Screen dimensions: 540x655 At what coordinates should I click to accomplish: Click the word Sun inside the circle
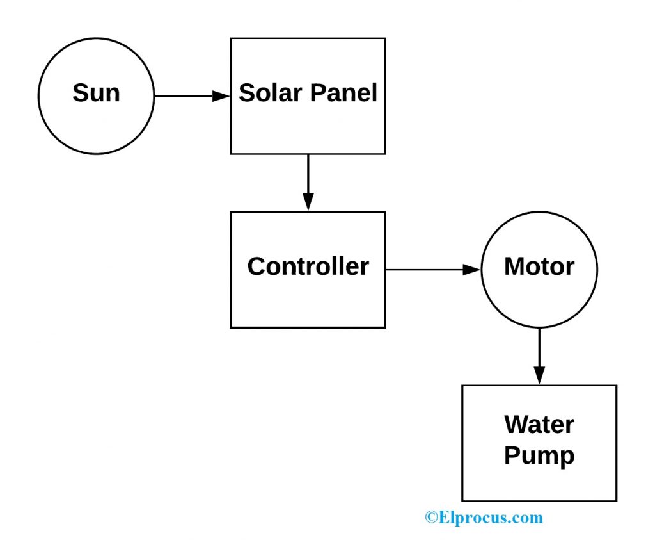click(96, 94)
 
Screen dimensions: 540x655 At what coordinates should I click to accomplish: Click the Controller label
click(308, 266)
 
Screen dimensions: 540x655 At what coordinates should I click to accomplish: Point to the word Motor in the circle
click(539, 266)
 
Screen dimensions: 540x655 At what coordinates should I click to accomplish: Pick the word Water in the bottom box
click(539, 425)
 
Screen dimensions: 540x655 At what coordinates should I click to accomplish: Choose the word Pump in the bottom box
click(539, 456)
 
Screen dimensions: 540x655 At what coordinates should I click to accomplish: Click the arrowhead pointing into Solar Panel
click(221, 96)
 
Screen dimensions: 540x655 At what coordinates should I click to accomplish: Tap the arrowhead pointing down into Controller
click(308, 202)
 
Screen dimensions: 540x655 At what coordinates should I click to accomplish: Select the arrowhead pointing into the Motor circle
click(471, 270)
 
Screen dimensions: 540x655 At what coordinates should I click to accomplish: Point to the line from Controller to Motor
click(425, 270)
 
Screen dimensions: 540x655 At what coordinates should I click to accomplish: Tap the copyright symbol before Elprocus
click(431, 518)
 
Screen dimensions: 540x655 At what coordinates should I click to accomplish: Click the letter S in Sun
click(80, 94)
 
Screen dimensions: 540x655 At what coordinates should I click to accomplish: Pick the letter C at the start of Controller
click(256, 266)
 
